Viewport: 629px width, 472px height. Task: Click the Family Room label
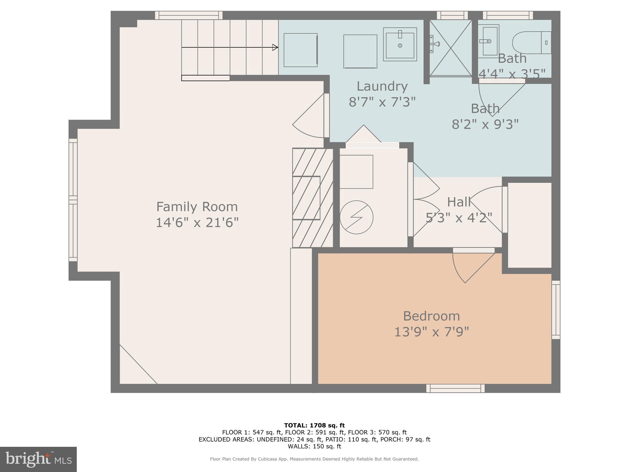tap(197, 206)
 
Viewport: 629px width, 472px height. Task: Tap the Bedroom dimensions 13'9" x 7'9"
tap(431, 332)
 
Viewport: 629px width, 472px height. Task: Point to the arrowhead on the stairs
tap(275, 47)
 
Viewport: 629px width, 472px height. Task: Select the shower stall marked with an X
tap(450, 48)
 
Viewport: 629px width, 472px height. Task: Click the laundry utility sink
tap(400, 45)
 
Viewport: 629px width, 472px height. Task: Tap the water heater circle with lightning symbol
tap(356, 217)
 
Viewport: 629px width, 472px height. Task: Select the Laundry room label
tap(382, 86)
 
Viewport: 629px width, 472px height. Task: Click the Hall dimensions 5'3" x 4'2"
tap(459, 218)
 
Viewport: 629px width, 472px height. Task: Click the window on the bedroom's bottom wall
tap(455, 388)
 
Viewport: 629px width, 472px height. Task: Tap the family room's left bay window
tap(73, 200)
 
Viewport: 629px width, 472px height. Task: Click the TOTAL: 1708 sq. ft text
tap(314, 425)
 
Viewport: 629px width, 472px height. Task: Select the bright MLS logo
tap(38, 459)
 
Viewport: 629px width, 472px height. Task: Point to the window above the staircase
tap(188, 15)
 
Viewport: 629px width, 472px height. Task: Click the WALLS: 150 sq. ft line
tap(314, 446)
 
